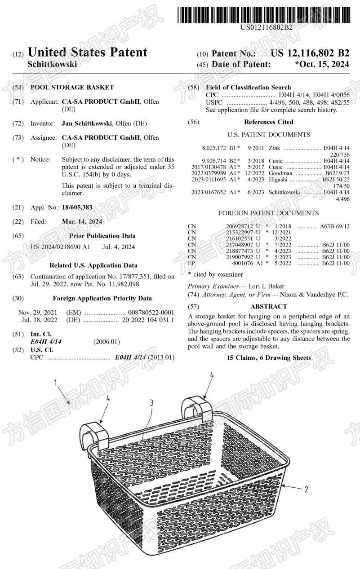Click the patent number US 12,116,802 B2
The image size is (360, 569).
[310, 53]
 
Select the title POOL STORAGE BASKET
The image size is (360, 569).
[72, 88]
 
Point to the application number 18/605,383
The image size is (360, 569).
[77, 207]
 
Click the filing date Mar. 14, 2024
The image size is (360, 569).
[82, 221]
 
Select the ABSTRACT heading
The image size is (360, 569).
[268, 306]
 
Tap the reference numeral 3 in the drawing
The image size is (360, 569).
[151, 403]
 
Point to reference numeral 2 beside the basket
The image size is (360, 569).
[306, 490]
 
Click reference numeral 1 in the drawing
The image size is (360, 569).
[56, 383]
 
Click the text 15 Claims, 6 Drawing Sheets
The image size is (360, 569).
[269, 357]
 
